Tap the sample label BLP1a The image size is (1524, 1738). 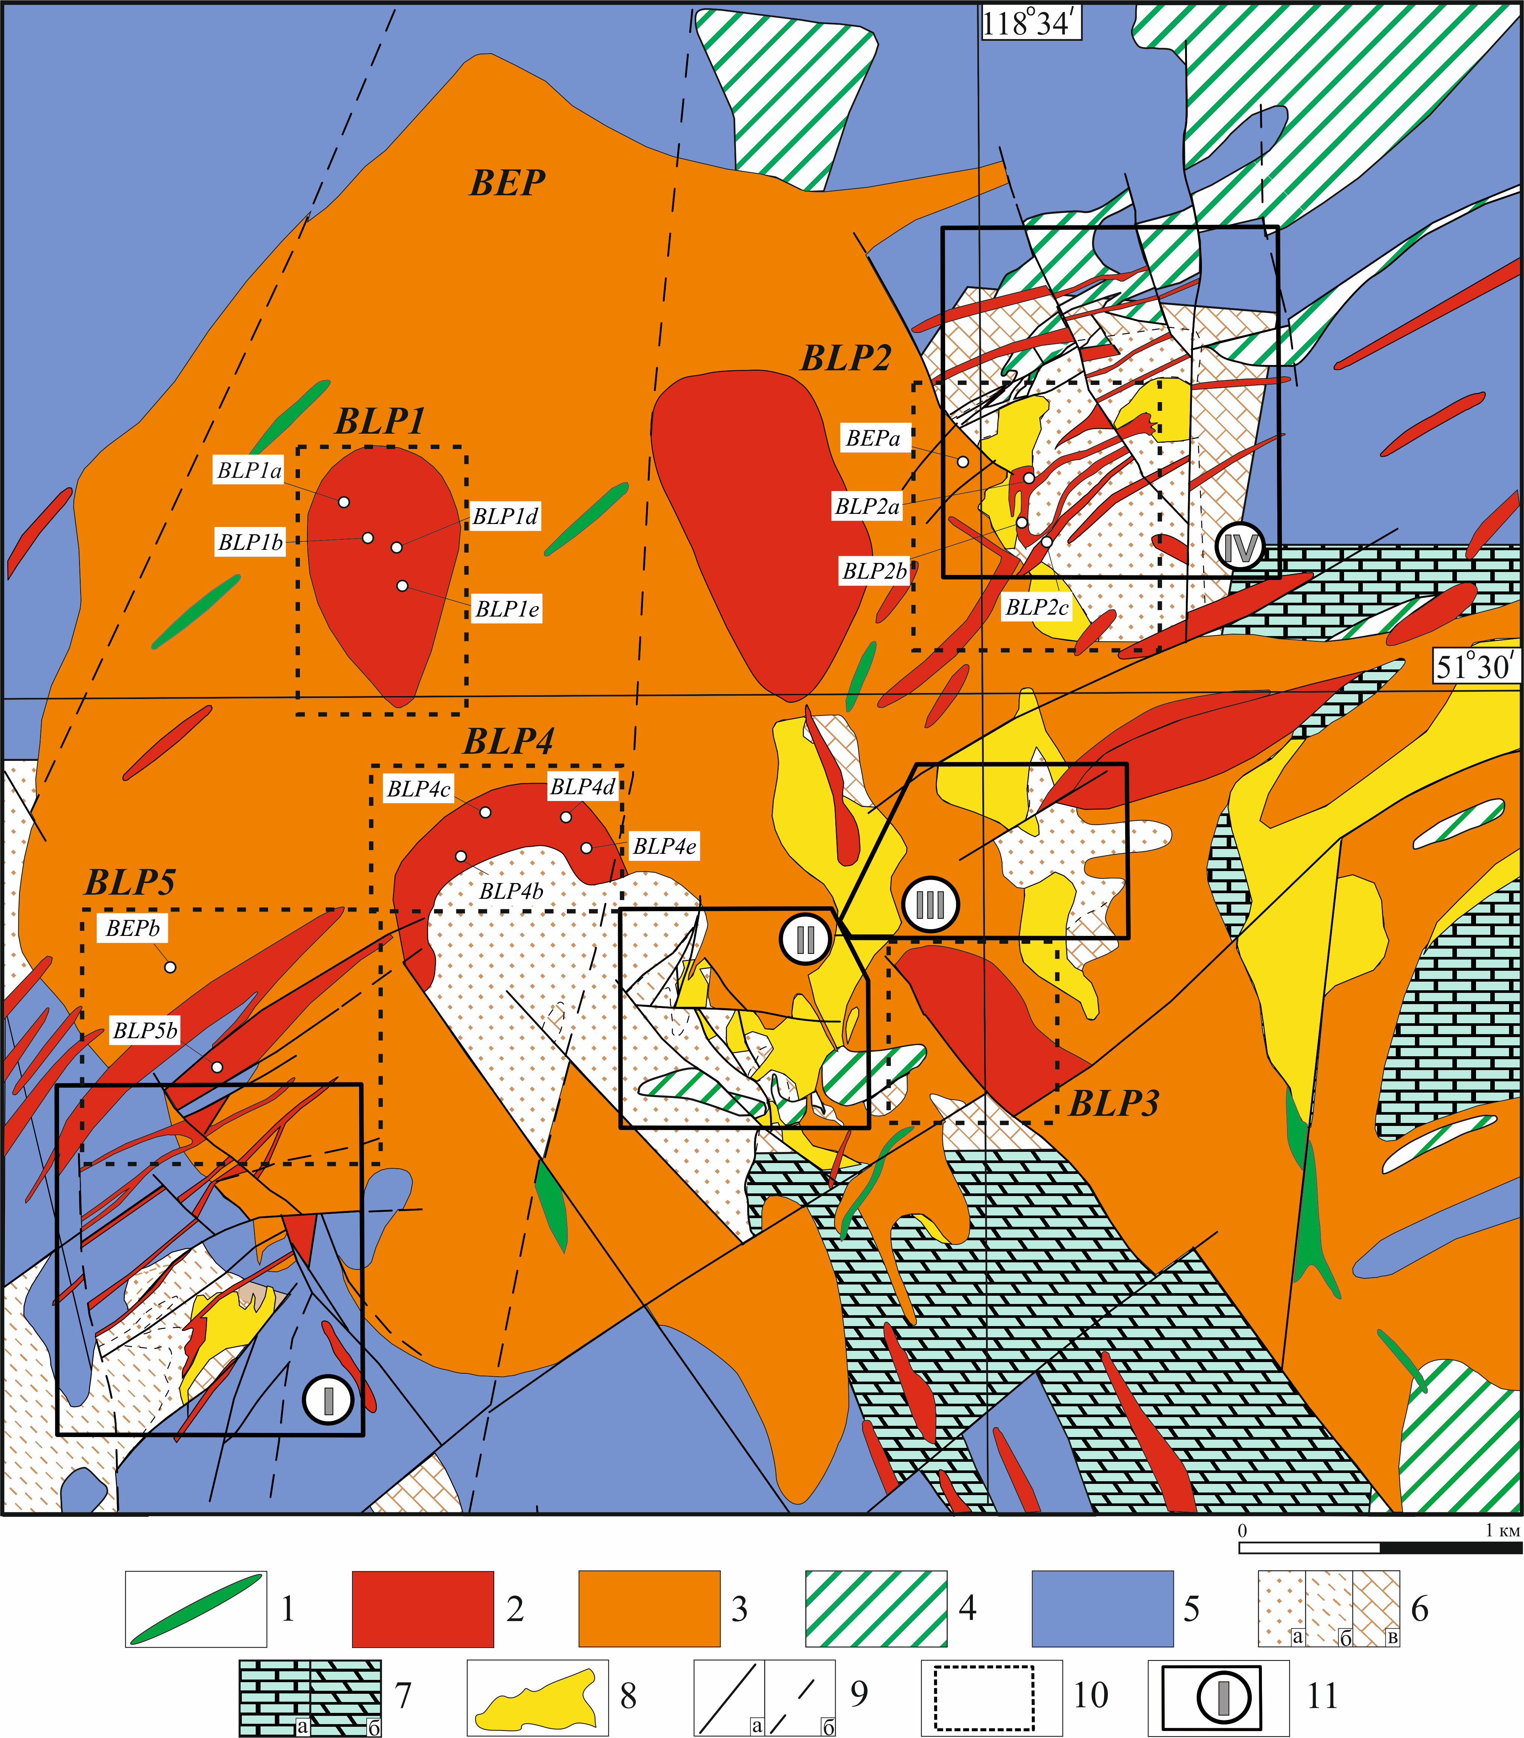point(249,470)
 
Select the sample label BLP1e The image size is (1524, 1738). point(507,609)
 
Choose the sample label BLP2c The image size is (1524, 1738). point(1037,607)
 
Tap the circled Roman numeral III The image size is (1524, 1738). point(931,905)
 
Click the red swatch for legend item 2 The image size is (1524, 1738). point(423,1609)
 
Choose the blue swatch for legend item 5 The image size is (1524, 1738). point(1102,1609)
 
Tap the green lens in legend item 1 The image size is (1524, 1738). point(196,1609)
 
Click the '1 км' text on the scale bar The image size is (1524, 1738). point(1502,1530)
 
